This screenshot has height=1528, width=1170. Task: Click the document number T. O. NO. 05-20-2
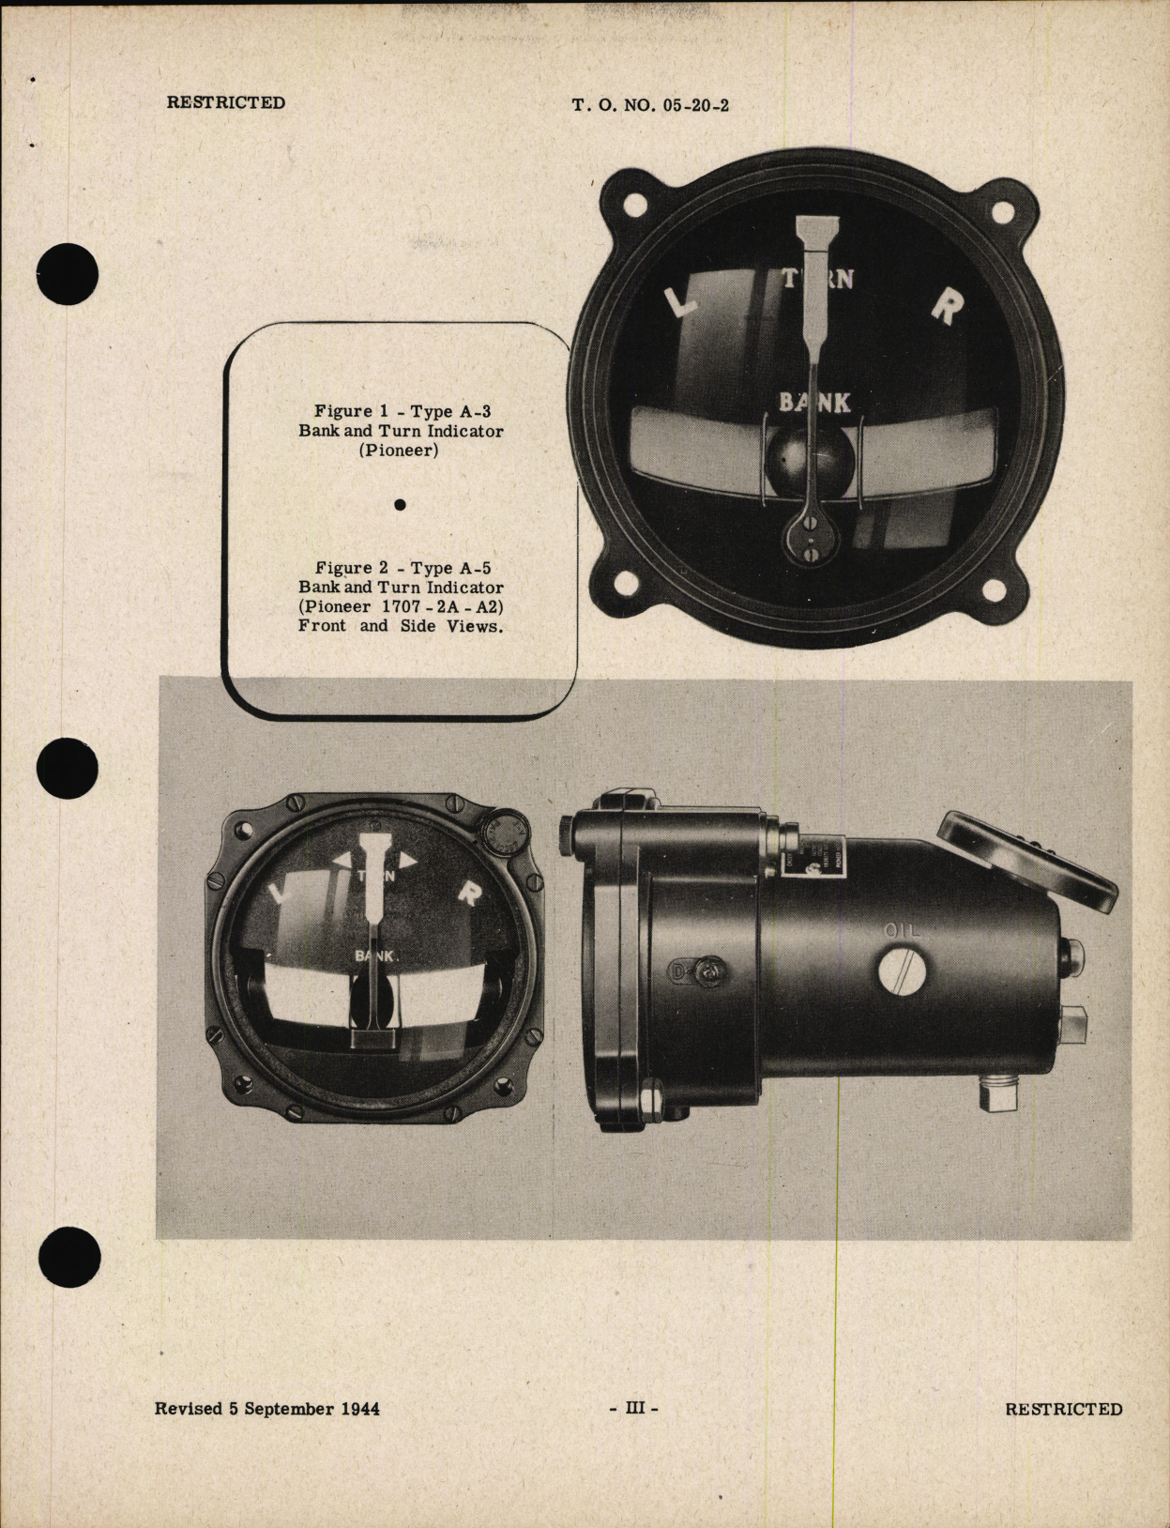(x=650, y=105)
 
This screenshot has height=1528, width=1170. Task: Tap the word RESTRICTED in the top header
(x=225, y=102)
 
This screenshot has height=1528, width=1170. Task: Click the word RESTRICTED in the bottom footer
(x=1063, y=1409)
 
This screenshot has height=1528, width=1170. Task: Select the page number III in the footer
(x=634, y=1409)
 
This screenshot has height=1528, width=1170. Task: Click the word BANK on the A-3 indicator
(x=814, y=403)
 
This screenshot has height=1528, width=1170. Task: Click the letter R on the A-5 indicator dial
(x=467, y=894)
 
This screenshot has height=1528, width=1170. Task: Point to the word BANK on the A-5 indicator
(x=376, y=955)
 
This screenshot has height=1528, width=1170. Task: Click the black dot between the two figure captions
(x=401, y=505)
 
